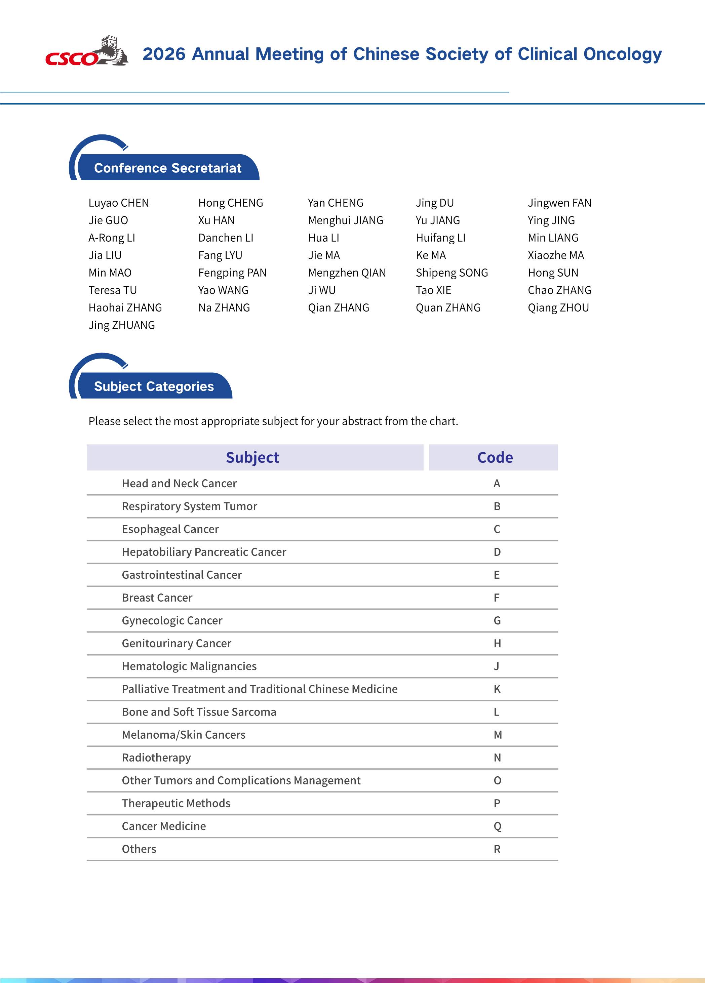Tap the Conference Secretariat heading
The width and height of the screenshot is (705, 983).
167,168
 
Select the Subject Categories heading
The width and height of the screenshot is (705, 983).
154,386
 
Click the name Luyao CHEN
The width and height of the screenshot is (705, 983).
118,203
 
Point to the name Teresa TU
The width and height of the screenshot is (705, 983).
112,290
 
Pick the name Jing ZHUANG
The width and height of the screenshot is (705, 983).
121,325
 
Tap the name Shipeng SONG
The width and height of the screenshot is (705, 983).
452,273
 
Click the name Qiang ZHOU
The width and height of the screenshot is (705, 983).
558,308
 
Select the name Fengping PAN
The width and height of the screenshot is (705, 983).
232,273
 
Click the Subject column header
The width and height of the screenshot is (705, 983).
252,457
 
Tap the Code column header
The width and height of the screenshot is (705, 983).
495,457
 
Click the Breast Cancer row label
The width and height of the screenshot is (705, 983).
157,598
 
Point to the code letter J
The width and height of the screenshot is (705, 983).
497,666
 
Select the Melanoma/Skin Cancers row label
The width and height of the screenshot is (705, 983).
184,735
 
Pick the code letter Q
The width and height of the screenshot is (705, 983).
497,826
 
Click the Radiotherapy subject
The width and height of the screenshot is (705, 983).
156,757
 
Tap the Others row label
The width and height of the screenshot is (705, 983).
139,849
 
